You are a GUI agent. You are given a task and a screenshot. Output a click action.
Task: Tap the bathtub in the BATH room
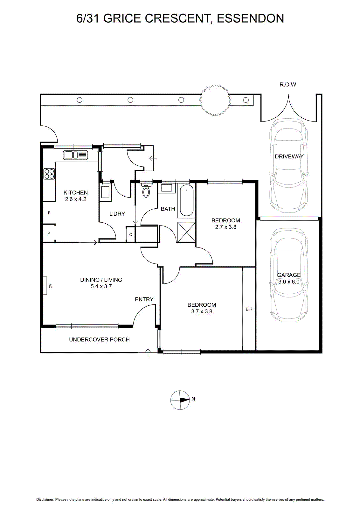point(186,200)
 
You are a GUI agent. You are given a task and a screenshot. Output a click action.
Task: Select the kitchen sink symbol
point(75,155)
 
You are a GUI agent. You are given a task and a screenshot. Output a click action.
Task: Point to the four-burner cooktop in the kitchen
point(49,174)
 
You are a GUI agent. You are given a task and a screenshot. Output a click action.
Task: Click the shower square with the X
point(186,232)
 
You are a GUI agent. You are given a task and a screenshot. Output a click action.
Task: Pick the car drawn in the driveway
point(289,166)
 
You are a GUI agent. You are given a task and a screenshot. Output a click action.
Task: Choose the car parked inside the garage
point(289,275)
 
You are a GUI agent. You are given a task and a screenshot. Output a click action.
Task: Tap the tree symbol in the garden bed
point(214,100)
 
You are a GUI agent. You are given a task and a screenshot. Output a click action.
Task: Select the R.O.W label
point(288,85)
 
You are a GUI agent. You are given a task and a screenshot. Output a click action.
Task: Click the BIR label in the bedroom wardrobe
point(249,309)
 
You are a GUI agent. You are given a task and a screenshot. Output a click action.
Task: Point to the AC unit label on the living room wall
point(50,286)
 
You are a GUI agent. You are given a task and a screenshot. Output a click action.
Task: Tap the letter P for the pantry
point(49,233)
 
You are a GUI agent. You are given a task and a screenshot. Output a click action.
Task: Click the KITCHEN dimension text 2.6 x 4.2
point(76,199)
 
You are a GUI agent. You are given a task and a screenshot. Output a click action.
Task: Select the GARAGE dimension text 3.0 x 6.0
point(289,282)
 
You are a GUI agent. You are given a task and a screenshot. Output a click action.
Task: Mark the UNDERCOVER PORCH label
point(99,339)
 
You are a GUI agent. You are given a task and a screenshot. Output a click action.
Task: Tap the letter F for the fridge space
point(49,213)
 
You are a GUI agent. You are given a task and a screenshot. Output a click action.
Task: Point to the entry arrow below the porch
point(148,352)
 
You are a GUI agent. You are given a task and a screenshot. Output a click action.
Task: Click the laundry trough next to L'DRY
point(106,192)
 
